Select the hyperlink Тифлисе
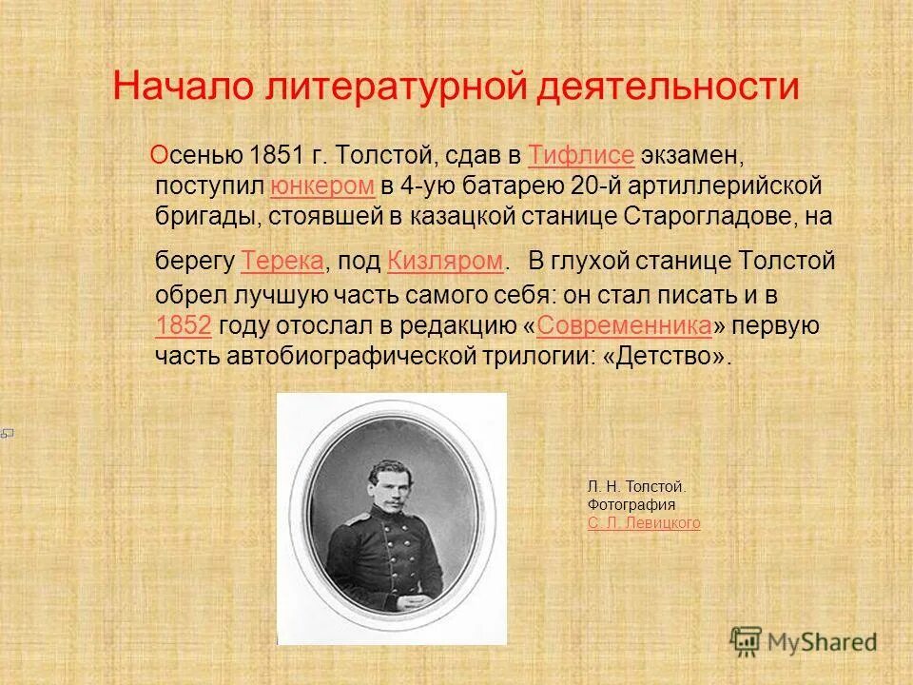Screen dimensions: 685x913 (x=580, y=155)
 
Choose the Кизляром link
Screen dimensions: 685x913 (x=444, y=260)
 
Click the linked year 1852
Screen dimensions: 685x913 (x=183, y=325)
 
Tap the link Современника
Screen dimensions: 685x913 (x=625, y=325)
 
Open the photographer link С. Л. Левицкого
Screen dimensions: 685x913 (x=644, y=523)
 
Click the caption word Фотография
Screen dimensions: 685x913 (x=631, y=505)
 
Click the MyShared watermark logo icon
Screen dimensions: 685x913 (x=747, y=639)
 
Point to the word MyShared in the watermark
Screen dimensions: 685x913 (x=823, y=642)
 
